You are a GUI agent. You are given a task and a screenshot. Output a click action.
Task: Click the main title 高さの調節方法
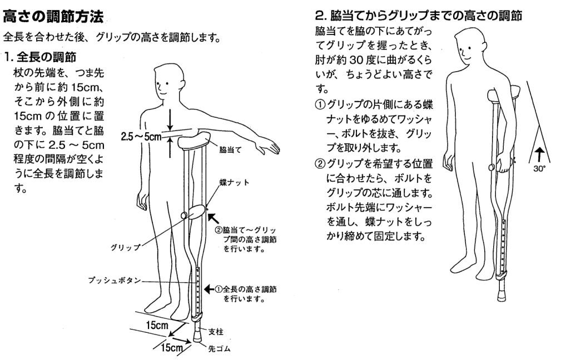click(x=53, y=16)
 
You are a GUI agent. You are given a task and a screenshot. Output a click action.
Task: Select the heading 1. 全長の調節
click(x=41, y=57)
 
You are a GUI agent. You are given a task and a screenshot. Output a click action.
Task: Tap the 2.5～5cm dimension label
click(x=141, y=137)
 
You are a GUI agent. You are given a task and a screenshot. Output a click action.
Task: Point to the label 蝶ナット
click(x=235, y=182)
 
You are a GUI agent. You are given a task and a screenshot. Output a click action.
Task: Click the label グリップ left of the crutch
click(x=125, y=247)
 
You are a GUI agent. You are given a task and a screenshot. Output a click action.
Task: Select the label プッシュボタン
click(x=115, y=281)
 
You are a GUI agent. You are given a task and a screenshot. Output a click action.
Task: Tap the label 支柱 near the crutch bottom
click(x=216, y=331)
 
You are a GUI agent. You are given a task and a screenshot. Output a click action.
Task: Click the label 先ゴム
click(x=219, y=348)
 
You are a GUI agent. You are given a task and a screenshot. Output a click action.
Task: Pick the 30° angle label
click(x=539, y=168)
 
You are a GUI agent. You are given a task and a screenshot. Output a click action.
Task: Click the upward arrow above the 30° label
click(x=539, y=154)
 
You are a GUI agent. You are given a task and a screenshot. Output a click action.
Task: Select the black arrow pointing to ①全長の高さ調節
click(x=210, y=289)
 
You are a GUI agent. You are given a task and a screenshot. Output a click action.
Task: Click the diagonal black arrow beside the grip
click(x=214, y=218)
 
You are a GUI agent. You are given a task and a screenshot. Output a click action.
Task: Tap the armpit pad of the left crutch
click(x=194, y=141)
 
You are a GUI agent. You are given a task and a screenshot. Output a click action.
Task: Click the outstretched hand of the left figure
click(x=267, y=147)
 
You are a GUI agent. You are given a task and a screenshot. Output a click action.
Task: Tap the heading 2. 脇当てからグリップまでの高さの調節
click(x=419, y=16)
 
